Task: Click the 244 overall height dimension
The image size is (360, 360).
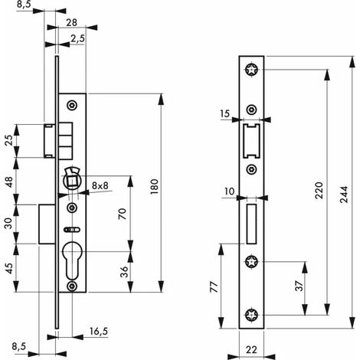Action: coord(345,195)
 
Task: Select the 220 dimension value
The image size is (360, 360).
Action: coord(319,191)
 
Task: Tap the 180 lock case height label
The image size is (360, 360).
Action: coord(154,187)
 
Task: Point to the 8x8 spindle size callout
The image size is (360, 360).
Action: coord(100,185)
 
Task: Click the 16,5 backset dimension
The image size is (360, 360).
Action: coord(99,332)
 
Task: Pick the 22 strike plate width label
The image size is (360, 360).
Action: coord(251,349)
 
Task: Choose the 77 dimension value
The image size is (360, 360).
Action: coord(214,287)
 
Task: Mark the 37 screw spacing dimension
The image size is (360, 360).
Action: coord(299,286)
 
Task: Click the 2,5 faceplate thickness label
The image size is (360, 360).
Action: coord(77,38)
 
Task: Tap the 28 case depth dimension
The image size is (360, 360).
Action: coord(71,22)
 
